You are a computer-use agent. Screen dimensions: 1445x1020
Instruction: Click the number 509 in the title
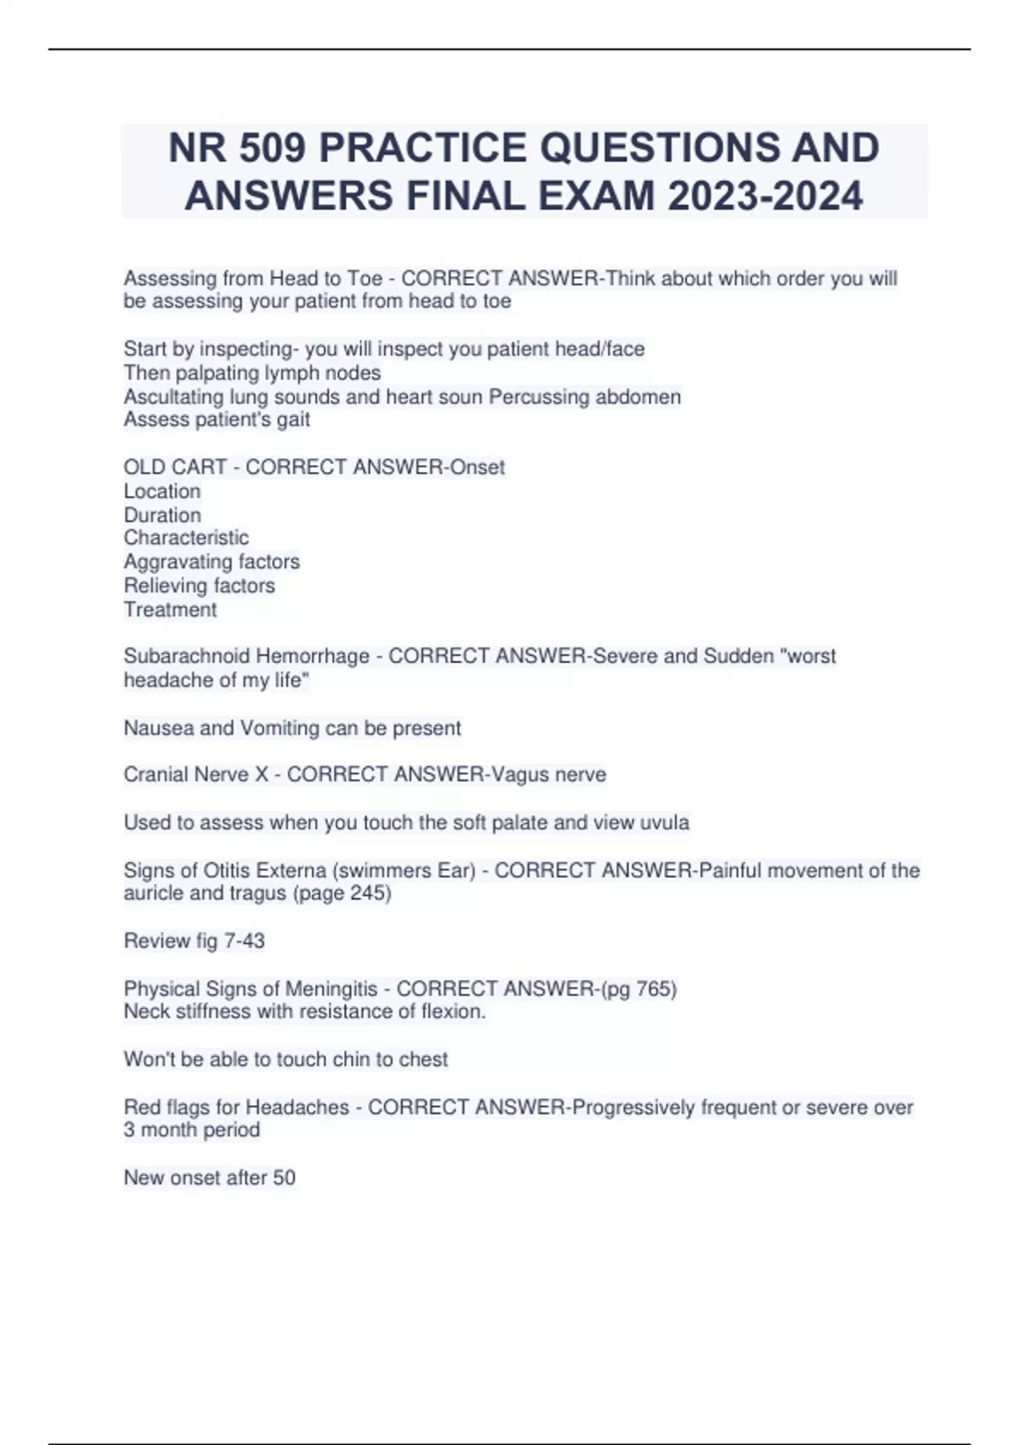(271, 148)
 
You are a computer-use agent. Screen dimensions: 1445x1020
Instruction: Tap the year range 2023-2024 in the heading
(765, 196)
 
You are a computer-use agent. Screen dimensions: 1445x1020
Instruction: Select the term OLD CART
(175, 467)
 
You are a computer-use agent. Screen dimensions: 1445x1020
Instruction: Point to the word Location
(162, 491)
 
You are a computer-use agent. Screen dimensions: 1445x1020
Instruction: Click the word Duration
(162, 515)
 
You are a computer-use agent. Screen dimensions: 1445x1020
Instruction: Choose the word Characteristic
(186, 538)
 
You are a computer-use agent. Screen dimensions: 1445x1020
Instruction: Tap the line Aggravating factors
(212, 562)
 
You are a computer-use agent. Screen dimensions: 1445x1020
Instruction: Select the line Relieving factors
(199, 586)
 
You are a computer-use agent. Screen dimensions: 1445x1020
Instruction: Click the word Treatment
(170, 609)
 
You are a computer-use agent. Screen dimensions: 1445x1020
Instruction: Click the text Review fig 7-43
(194, 941)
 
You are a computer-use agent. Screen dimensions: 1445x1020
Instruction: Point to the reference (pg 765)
(638, 989)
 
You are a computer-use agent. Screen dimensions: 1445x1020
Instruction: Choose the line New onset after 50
(209, 1177)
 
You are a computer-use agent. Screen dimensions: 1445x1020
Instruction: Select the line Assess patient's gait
(217, 420)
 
